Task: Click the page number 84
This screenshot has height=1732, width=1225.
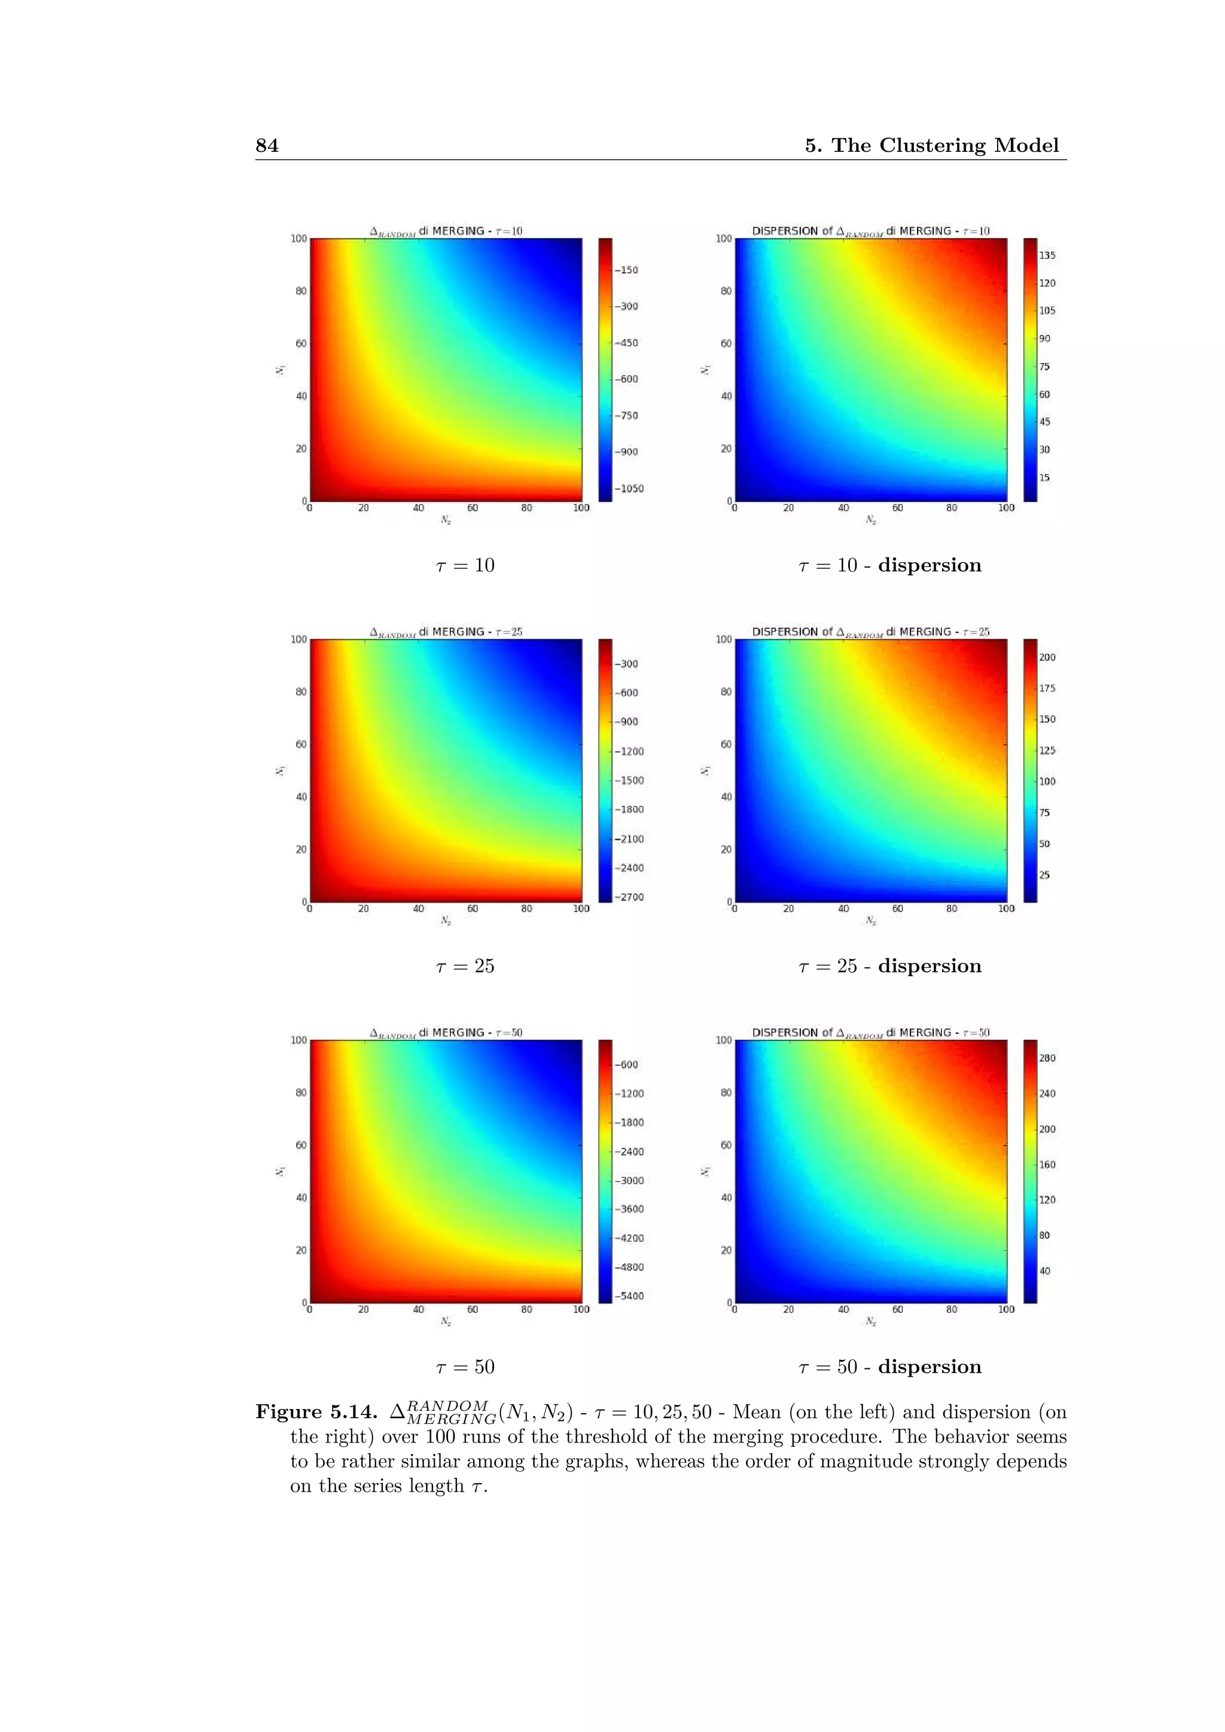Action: (x=267, y=145)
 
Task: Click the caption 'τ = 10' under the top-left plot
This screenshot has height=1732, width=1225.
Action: (x=465, y=565)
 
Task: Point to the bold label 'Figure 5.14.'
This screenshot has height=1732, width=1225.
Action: (x=316, y=1412)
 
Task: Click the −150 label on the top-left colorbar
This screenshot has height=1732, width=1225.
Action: (x=627, y=270)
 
